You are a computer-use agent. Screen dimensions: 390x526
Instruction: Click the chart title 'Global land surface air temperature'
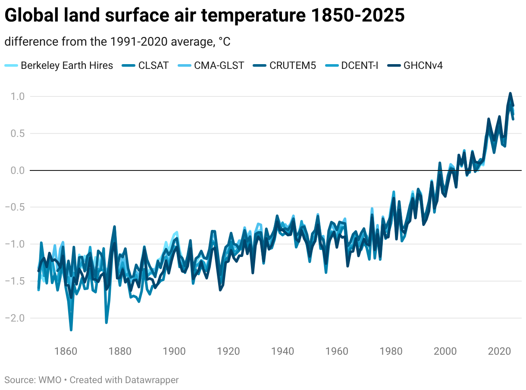point(204,16)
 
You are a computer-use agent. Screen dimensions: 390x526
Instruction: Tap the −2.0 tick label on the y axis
point(16,318)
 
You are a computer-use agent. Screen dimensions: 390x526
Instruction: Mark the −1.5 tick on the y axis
point(16,281)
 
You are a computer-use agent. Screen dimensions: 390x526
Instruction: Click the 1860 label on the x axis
point(66,351)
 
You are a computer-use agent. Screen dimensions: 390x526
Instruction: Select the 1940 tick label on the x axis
point(283,351)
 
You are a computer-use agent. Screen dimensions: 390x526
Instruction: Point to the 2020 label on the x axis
point(500,351)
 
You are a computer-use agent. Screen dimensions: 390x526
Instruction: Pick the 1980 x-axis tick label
point(391,351)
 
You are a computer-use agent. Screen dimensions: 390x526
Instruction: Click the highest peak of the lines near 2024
point(510,93)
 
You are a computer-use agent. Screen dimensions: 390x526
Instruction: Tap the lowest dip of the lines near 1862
point(71,330)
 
